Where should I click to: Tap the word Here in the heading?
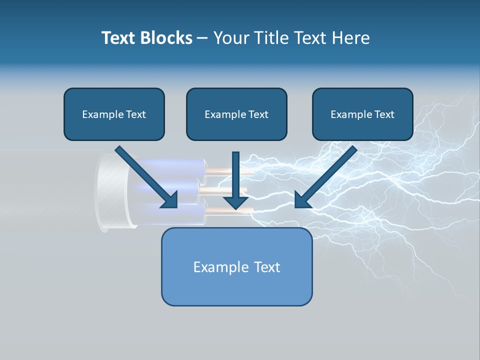pos(352,38)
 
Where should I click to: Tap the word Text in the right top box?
pos(384,114)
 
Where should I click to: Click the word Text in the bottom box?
pos(267,267)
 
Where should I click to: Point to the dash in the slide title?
pos(202,38)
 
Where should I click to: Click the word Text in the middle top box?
pos(258,114)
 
